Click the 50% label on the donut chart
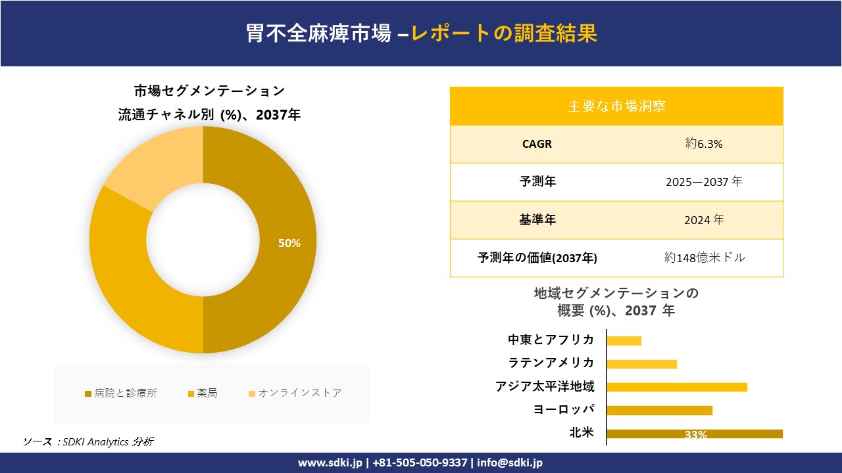[x=289, y=243]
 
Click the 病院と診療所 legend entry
[x=121, y=393]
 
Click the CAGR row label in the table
[x=537, y=144]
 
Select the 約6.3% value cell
[x=704, y=144]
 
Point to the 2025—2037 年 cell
[x=704, y=182]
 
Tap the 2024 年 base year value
[x=704, y=220]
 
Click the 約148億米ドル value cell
[x=704, y=258]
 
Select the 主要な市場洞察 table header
[x=616, y=106]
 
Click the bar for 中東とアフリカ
[x=624, y=340]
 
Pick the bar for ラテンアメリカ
[x=641, y=364]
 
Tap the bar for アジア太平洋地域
[x=677, y=387]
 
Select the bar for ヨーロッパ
[x=659, y=411]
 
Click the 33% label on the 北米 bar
[x=695, y=434]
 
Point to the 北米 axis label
[x=582, y=432]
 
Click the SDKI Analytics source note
[x=88, y=441]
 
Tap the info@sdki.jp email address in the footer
[x=510, y=462]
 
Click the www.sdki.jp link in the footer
[x=330, y=462]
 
